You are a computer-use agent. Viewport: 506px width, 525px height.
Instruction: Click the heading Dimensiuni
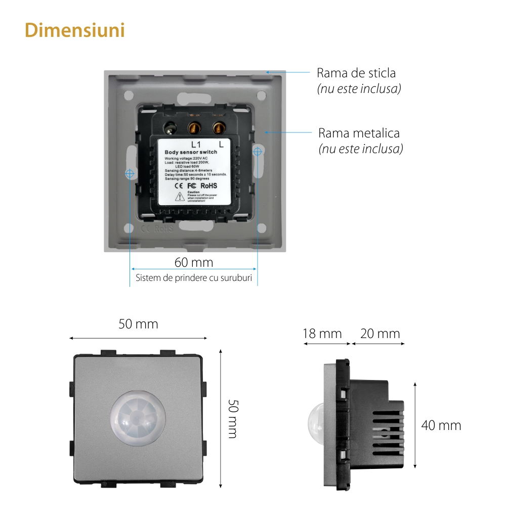[74, 30]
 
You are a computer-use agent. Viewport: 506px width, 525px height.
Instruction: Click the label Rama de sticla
[356, 73]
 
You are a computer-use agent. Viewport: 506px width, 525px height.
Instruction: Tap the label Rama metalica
[359, 133]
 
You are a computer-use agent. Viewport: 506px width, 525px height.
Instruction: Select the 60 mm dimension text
[194, 263]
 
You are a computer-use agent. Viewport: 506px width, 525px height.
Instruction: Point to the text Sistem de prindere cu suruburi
[194, 278]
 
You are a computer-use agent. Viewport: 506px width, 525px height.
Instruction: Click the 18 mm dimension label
[322, 334]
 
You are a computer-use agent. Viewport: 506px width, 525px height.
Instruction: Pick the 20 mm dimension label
[380, 334]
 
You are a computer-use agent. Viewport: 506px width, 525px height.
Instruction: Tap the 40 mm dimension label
[441, 425]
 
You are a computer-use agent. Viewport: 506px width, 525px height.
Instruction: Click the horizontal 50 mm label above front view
[138, 324]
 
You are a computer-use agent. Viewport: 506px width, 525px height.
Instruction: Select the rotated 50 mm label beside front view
[232, 419]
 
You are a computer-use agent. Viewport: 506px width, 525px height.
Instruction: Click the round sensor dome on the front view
[138, 418]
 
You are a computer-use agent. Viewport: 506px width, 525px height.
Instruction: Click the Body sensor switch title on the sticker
[191, 152]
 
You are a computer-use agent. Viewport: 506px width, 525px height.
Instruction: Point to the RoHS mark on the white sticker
[208, 185]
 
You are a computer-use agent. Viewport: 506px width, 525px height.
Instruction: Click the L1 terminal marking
[196, 144]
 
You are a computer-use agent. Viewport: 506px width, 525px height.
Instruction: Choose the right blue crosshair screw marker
[258, 151]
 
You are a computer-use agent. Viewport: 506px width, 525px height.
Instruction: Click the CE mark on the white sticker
[179, 185]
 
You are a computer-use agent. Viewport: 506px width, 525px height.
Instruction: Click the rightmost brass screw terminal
[219, 127]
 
